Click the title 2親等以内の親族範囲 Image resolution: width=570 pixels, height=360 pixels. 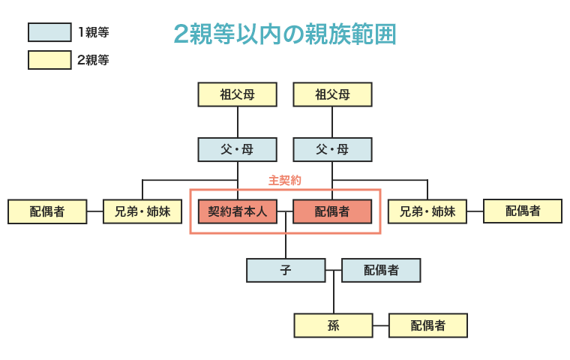click(x=284, y=34)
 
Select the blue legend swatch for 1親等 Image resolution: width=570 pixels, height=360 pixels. click(x=49, y=32)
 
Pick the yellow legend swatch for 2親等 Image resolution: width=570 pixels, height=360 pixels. click(x=49, y=60)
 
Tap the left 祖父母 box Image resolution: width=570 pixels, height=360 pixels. click(x=238, y=94)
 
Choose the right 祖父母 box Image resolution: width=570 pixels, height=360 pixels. click(x=332, y=94)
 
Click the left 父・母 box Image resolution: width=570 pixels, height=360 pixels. click(x=238, y=149)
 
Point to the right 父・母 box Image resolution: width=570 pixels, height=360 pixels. click(x=332, y=149)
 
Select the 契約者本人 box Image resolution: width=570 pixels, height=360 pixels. click(x=238, y=211)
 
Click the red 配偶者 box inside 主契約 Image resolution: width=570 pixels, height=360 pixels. click(x=332, y=211)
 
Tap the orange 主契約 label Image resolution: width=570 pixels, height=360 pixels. click(x=285, y=181)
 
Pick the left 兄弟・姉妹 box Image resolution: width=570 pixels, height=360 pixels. click(x=142, y=211)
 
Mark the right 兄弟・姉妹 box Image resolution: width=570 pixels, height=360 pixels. click(x=427, y=211)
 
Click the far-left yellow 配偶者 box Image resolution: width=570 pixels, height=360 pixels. click(x=47, y=211)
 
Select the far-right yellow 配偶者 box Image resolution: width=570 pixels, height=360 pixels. click(x=523, y=211)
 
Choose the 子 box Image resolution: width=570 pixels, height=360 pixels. click(x=286, y=270)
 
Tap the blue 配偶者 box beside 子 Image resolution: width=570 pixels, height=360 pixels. click(x=381, y=270)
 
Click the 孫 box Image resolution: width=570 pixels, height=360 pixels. click(x=333, y=325)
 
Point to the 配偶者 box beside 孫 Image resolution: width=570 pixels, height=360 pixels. click(x=428, y=325)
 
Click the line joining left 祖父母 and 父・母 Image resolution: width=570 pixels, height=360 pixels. click(x=238, y=121)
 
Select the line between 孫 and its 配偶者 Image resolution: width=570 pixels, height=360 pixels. click(x=380, y=325)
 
